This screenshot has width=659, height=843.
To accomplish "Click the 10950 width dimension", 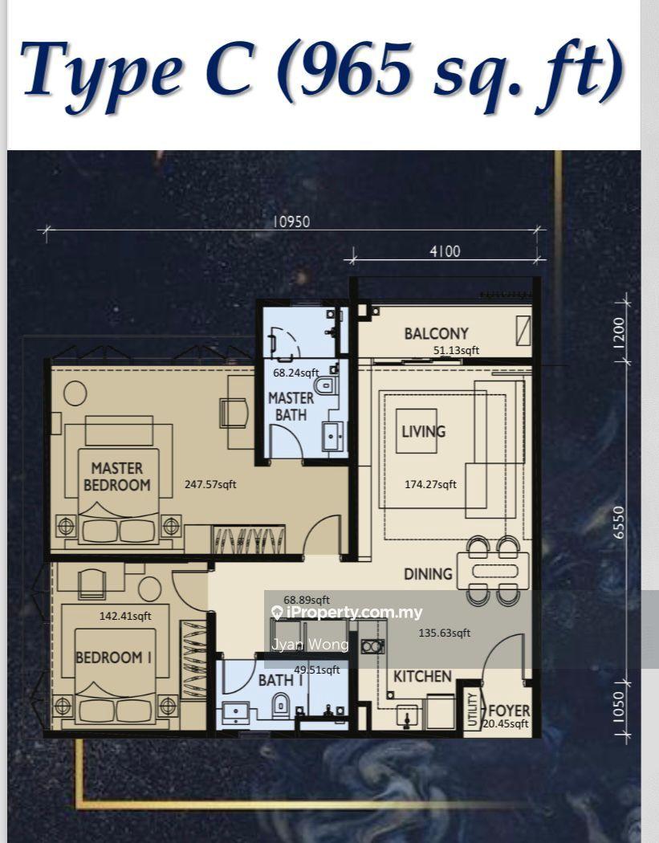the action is click(291, 222).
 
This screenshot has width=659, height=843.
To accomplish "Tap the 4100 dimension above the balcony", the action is click(445, 251).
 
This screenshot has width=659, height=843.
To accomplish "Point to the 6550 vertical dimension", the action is click(619, 522).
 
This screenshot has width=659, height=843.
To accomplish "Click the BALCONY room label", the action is click(437, 333).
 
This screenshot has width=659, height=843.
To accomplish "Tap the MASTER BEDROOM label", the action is click(116, 477).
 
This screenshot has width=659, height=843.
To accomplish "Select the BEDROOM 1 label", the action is click(113, 657).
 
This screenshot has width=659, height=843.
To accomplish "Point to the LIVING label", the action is click(424, 431).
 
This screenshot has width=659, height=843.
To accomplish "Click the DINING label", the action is click(428, 574).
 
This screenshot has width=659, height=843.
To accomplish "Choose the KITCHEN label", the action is click(422, 676).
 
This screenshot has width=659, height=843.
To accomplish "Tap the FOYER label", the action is click(509, 711).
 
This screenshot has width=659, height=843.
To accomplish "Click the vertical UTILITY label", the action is click(473, 710).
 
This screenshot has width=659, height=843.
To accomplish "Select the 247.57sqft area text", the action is click(210, 484).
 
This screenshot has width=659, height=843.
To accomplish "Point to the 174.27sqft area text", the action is click(430, 484).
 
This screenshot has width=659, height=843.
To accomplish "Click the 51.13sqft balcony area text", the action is click(457, 351).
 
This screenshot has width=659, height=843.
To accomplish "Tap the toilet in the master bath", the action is click(326, 385).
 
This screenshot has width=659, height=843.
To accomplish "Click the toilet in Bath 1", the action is click(281, 704).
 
